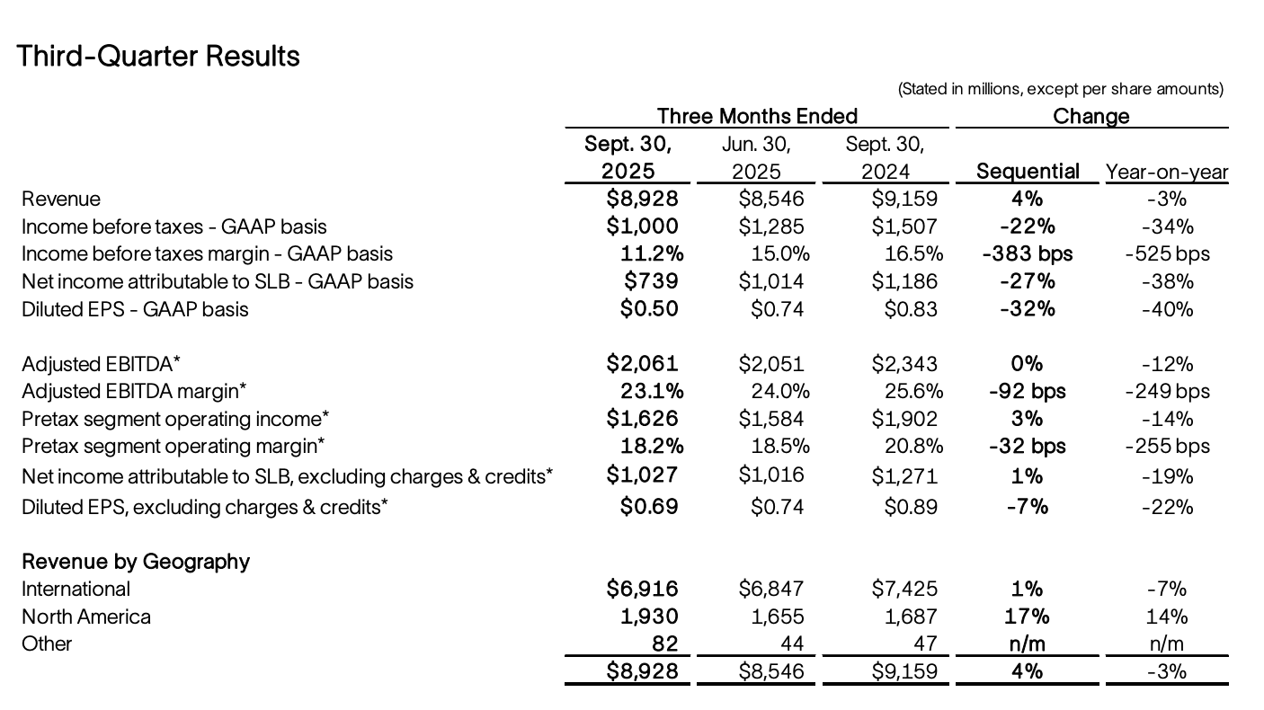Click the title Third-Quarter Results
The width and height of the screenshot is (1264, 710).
click(158, 56)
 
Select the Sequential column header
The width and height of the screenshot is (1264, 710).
click(1028, 171)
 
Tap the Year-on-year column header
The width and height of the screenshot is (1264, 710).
click(1167, 172)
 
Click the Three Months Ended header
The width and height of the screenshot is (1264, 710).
click(757, 116)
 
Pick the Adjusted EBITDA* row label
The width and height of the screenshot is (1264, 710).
click(102, 364)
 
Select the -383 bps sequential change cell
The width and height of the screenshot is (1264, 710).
click(1028, 253)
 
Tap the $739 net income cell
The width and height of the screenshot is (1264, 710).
click(651, 281)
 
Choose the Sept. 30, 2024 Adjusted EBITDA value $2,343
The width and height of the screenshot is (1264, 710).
click(904, 364)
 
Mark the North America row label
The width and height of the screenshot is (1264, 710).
click(86, 617)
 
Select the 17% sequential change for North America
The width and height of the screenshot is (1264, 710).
click(1028, 617)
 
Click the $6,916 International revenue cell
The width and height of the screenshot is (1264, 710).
click(642, 589)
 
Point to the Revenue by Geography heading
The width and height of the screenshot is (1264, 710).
click(136, 562)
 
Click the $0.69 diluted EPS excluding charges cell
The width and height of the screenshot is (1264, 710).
click(649, 506)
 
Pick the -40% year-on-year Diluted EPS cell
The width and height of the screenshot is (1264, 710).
click(1167, 309)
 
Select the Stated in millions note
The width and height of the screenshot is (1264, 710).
click(1061, 89)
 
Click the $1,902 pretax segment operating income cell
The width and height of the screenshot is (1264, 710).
click(904, 419)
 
